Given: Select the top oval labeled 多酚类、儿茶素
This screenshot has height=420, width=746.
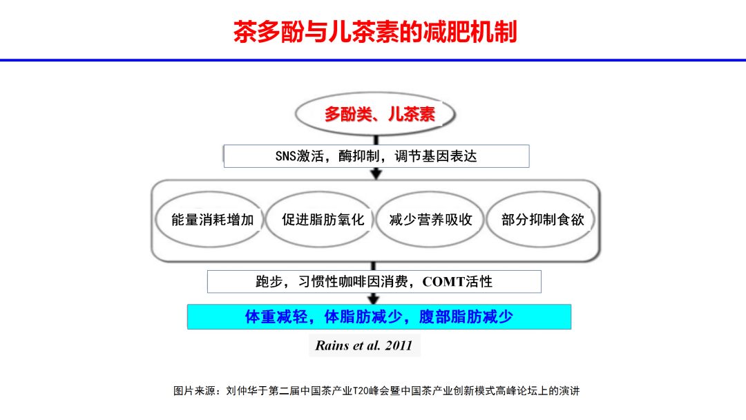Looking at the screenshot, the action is [376, 114].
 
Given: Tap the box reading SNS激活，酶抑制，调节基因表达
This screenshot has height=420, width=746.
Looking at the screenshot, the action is [376, 156].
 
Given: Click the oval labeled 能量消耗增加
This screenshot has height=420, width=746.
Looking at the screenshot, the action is [208, 220].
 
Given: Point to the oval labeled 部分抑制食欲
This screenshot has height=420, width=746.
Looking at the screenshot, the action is [542, 220].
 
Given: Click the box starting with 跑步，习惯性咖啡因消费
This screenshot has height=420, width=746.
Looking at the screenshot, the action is [374, 281].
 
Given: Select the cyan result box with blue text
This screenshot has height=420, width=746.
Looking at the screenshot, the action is [379, 316].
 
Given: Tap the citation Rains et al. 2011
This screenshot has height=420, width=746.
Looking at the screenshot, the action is [363, 345].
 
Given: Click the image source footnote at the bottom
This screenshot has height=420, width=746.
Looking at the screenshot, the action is [376, 391].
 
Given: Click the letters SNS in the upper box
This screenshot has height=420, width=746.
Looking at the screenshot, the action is [285, 156].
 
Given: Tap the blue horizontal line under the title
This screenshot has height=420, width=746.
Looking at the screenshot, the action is [373, 61].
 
